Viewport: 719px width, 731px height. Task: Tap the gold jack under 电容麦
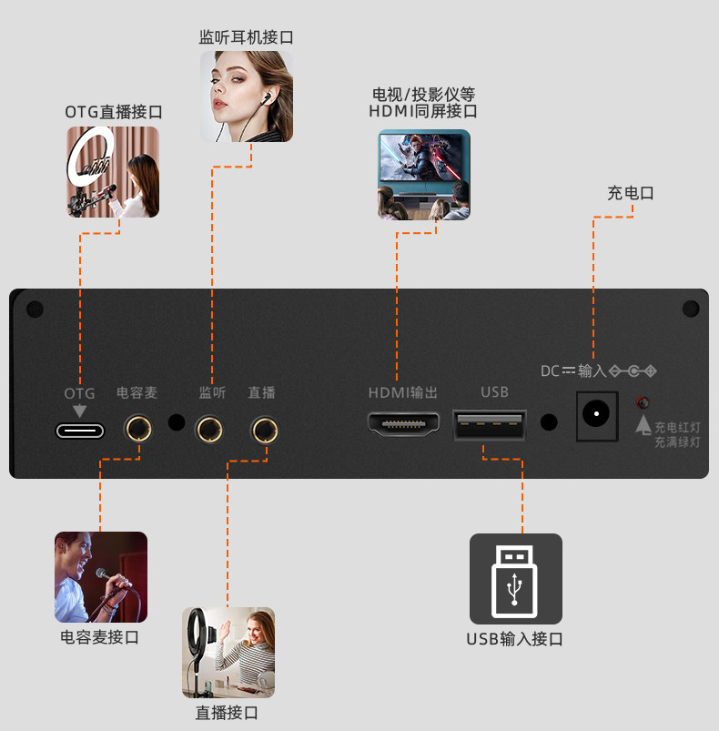click(x=138, y=428)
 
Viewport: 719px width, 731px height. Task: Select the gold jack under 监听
click(x=211, y=428)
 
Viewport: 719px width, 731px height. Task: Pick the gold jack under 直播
click(x=265, y=428)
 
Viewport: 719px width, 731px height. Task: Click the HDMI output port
click(x=403, y=423)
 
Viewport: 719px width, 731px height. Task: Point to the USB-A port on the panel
click(x=489, y=423)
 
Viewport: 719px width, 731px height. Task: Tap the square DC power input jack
click(x=597, y=416)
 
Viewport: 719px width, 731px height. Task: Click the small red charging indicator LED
click(x=643, y=401)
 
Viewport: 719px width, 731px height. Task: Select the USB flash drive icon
click(x=515, y=578)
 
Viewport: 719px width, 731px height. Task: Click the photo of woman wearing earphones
click(x=247, y=96)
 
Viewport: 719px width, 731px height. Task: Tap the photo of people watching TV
click(x=424, y=175)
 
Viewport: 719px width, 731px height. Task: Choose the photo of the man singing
click(x=101, y=577)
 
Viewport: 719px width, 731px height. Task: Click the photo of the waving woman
click(x=228, y=653)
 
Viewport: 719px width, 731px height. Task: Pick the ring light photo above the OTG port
click(x=113, y=172)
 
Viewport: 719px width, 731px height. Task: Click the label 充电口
click(x=631, y=193)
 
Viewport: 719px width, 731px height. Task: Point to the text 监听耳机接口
click(x=247, y=37)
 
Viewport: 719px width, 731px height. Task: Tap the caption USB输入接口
click(x=515, y=638)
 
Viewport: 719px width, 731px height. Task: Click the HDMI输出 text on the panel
click(x=403, y=392)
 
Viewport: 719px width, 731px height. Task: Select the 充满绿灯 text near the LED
click(x=677, y=442)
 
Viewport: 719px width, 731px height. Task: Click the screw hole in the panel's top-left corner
click(x=35, y=310)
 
